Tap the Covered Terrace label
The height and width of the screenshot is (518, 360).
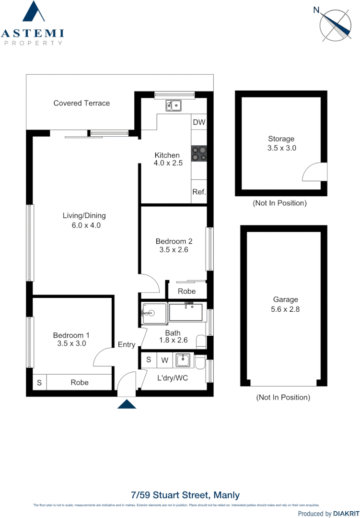(81, 103)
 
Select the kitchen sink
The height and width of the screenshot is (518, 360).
(173, 105)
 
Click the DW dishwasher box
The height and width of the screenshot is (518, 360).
(199, 122)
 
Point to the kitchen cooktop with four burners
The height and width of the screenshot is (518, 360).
(199, 154)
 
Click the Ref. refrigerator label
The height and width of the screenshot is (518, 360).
(199, 192)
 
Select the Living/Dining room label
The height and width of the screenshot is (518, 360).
(84, 220)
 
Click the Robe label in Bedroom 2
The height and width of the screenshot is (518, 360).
(186, 291)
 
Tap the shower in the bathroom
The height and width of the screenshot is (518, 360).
(154, 313)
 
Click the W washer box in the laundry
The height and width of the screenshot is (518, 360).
(164, 360)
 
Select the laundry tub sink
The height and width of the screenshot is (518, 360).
(182, 360)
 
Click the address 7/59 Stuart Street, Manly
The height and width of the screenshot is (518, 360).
(185, 495)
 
